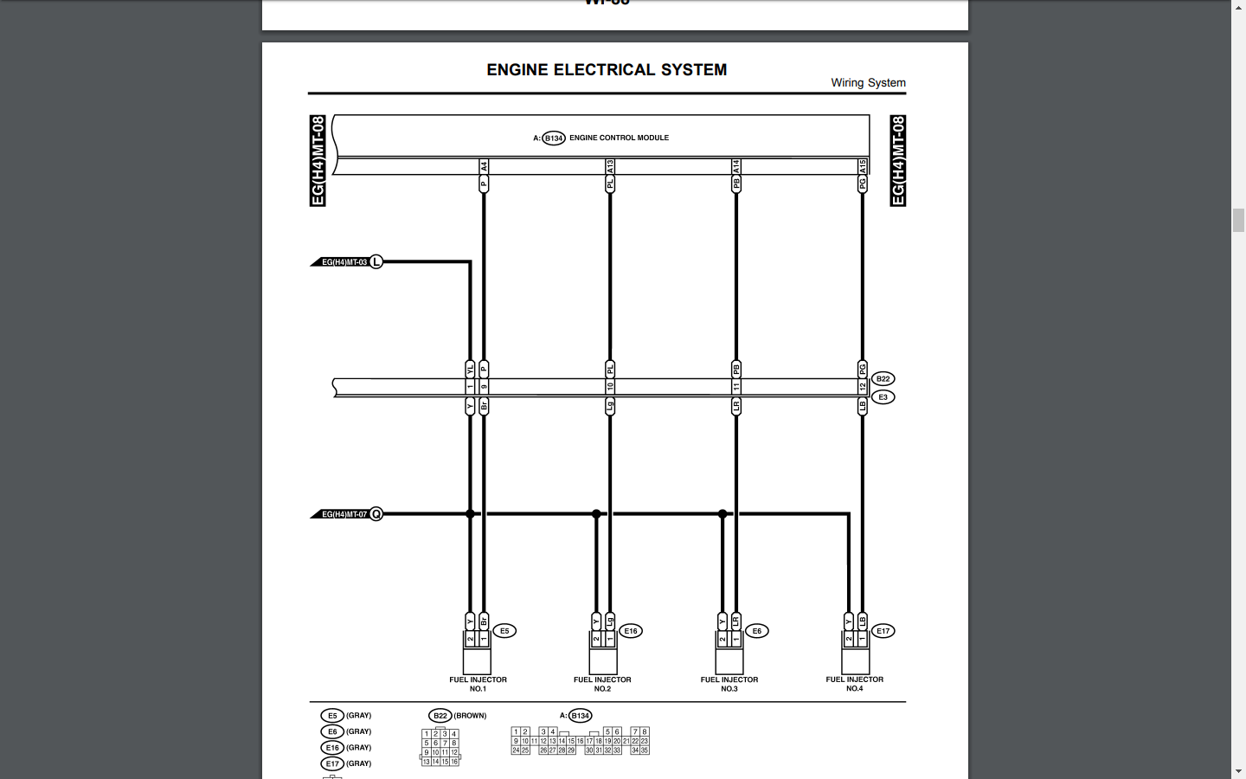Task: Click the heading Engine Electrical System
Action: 607,70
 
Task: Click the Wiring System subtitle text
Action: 868,83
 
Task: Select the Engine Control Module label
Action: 619,138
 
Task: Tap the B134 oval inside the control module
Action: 554,138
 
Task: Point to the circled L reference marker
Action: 376,262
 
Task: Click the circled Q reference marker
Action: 376,514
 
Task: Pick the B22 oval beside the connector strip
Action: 883,379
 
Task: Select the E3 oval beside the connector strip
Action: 883,397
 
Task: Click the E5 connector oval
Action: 504,631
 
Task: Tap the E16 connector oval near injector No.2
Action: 631,631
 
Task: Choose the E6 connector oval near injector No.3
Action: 757,631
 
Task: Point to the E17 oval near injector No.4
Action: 883,631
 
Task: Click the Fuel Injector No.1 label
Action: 478,684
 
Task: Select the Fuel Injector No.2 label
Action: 602,684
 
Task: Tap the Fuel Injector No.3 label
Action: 729,684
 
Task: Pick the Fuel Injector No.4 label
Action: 855,684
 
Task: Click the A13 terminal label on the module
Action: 610,165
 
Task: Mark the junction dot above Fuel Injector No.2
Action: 596,514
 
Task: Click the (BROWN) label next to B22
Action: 470,716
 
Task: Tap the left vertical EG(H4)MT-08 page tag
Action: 318,161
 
